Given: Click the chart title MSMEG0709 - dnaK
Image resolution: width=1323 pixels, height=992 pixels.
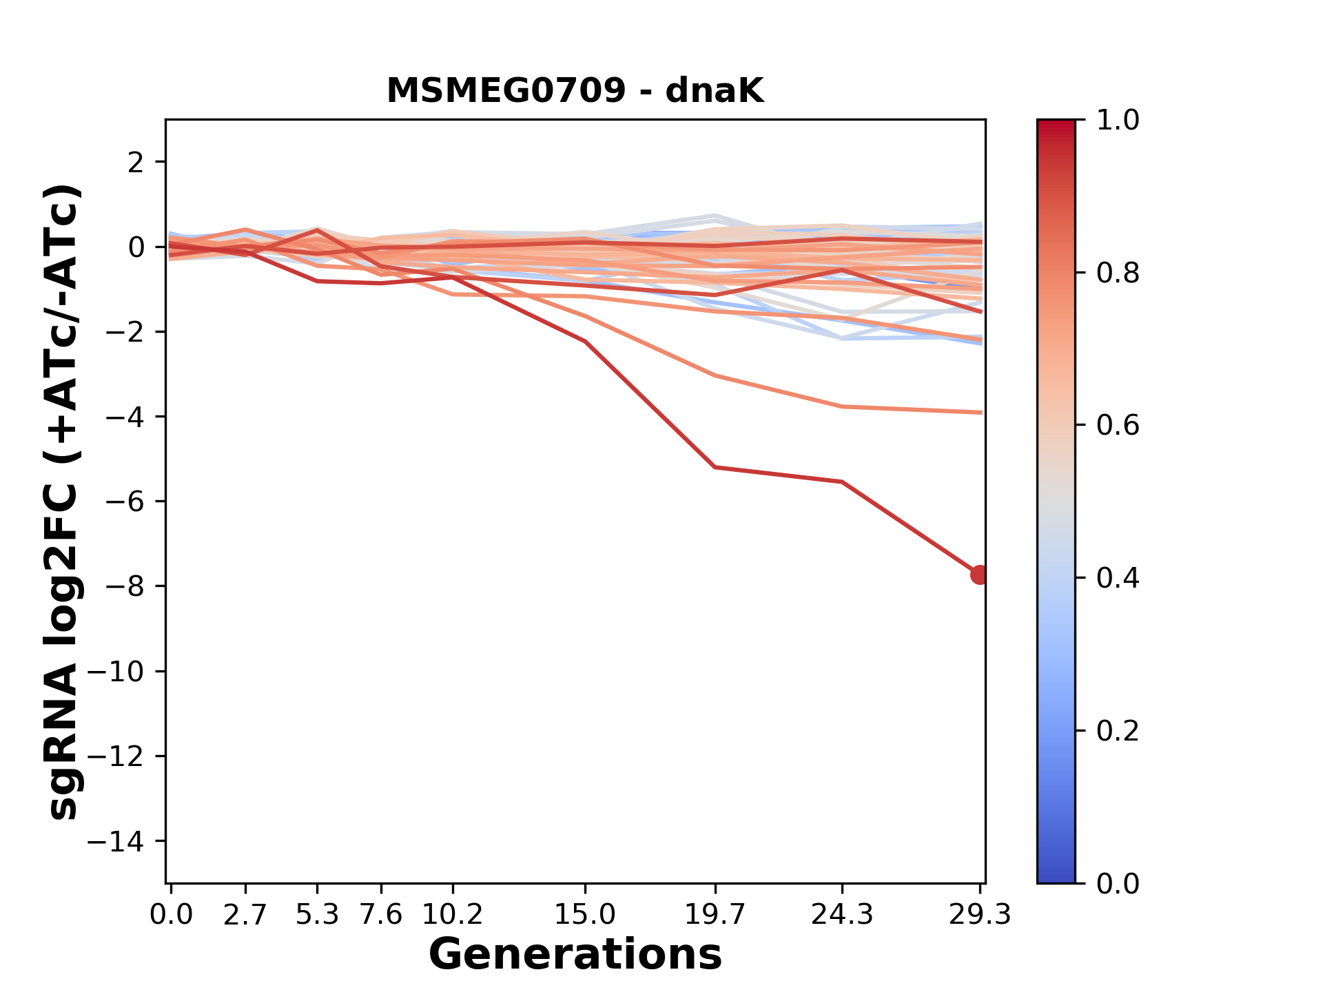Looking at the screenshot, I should pyautogui.click(x=575, y=91).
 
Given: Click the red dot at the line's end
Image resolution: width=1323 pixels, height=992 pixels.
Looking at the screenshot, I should pyautogui.click(x=979, y=575).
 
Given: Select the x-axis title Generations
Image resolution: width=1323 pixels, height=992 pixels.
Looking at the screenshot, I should pyautogui.click(x=575, y=955).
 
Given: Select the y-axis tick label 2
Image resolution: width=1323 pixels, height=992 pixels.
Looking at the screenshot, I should pyautogui.click(x=136, y=162).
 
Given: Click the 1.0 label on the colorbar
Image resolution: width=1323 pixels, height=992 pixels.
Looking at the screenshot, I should pyautogui.click(x=1118, y=121).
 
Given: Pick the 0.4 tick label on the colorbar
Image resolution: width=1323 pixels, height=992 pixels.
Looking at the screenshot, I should pyautogui.click(x=1118, y=578).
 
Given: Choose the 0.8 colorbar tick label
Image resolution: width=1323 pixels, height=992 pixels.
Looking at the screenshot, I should pyautogui.click(x=1118, y=273).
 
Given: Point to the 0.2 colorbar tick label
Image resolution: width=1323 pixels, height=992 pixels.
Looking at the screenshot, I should pyautogui.click(x=1118, y=731).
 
